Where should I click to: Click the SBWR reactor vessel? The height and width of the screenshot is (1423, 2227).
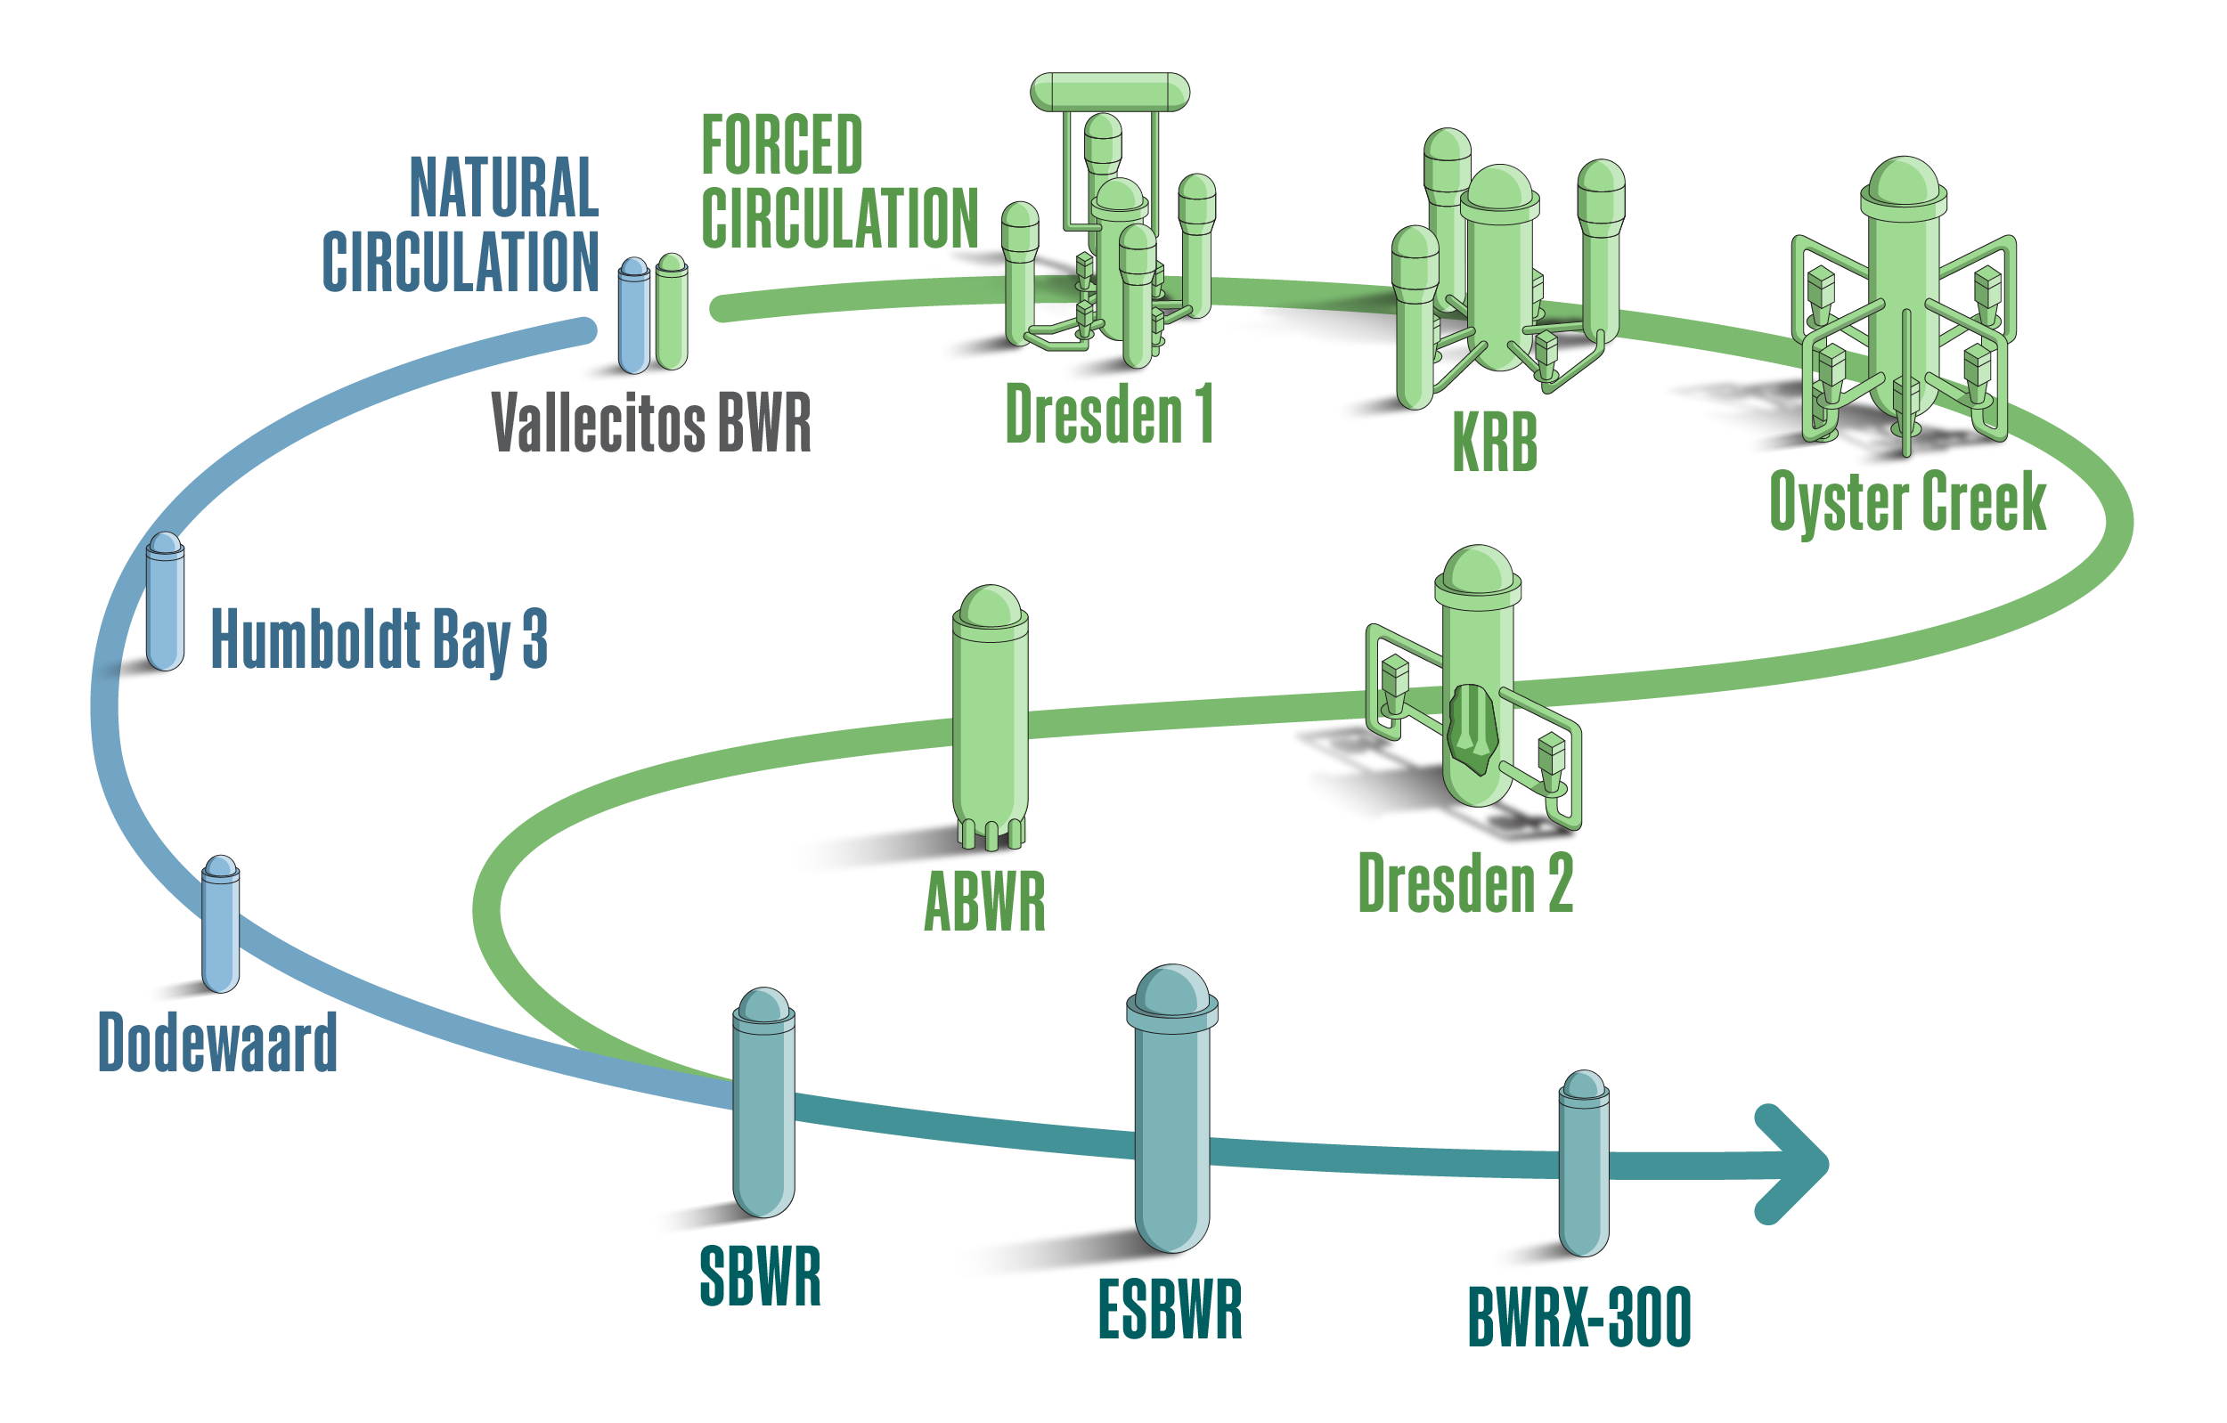pyautogui.click(x=763, y=1110)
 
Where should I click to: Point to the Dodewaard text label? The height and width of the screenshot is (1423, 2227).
pyautogui.click(x=217, y=1042)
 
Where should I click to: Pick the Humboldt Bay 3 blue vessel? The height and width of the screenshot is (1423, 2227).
pyautogui.click(x=165, y=606)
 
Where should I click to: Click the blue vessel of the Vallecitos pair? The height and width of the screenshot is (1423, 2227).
pyautogui.click(x=633, y=319)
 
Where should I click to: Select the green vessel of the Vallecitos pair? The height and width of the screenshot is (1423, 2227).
pyautogui.click(x=672, y=314)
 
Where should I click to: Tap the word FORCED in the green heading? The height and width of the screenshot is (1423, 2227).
pyautogui.click(x=781, y=145)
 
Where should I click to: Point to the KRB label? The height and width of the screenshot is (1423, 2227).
pyautogui.click(x=1495, y=442)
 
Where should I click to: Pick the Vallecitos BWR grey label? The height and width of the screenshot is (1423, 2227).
pyautogui.click(x=651, y=423)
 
